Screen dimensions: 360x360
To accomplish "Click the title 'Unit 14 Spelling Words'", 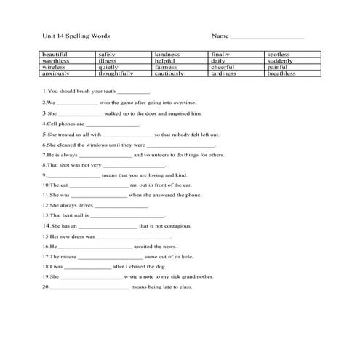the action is [76, 36].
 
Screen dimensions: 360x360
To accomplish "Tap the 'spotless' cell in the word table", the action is [279, 55].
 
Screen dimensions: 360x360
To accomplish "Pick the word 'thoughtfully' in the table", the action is [116, 73].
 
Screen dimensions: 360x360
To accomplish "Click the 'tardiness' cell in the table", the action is [224, 73].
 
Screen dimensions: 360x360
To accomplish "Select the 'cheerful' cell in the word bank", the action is [223, 67].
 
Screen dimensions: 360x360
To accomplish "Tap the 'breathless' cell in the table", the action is [281, 73].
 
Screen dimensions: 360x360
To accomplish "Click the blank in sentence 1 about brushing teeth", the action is [133, 93].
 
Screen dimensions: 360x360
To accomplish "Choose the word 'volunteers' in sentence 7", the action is [157, 155].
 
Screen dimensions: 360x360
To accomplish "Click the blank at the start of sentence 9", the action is [73, 175].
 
